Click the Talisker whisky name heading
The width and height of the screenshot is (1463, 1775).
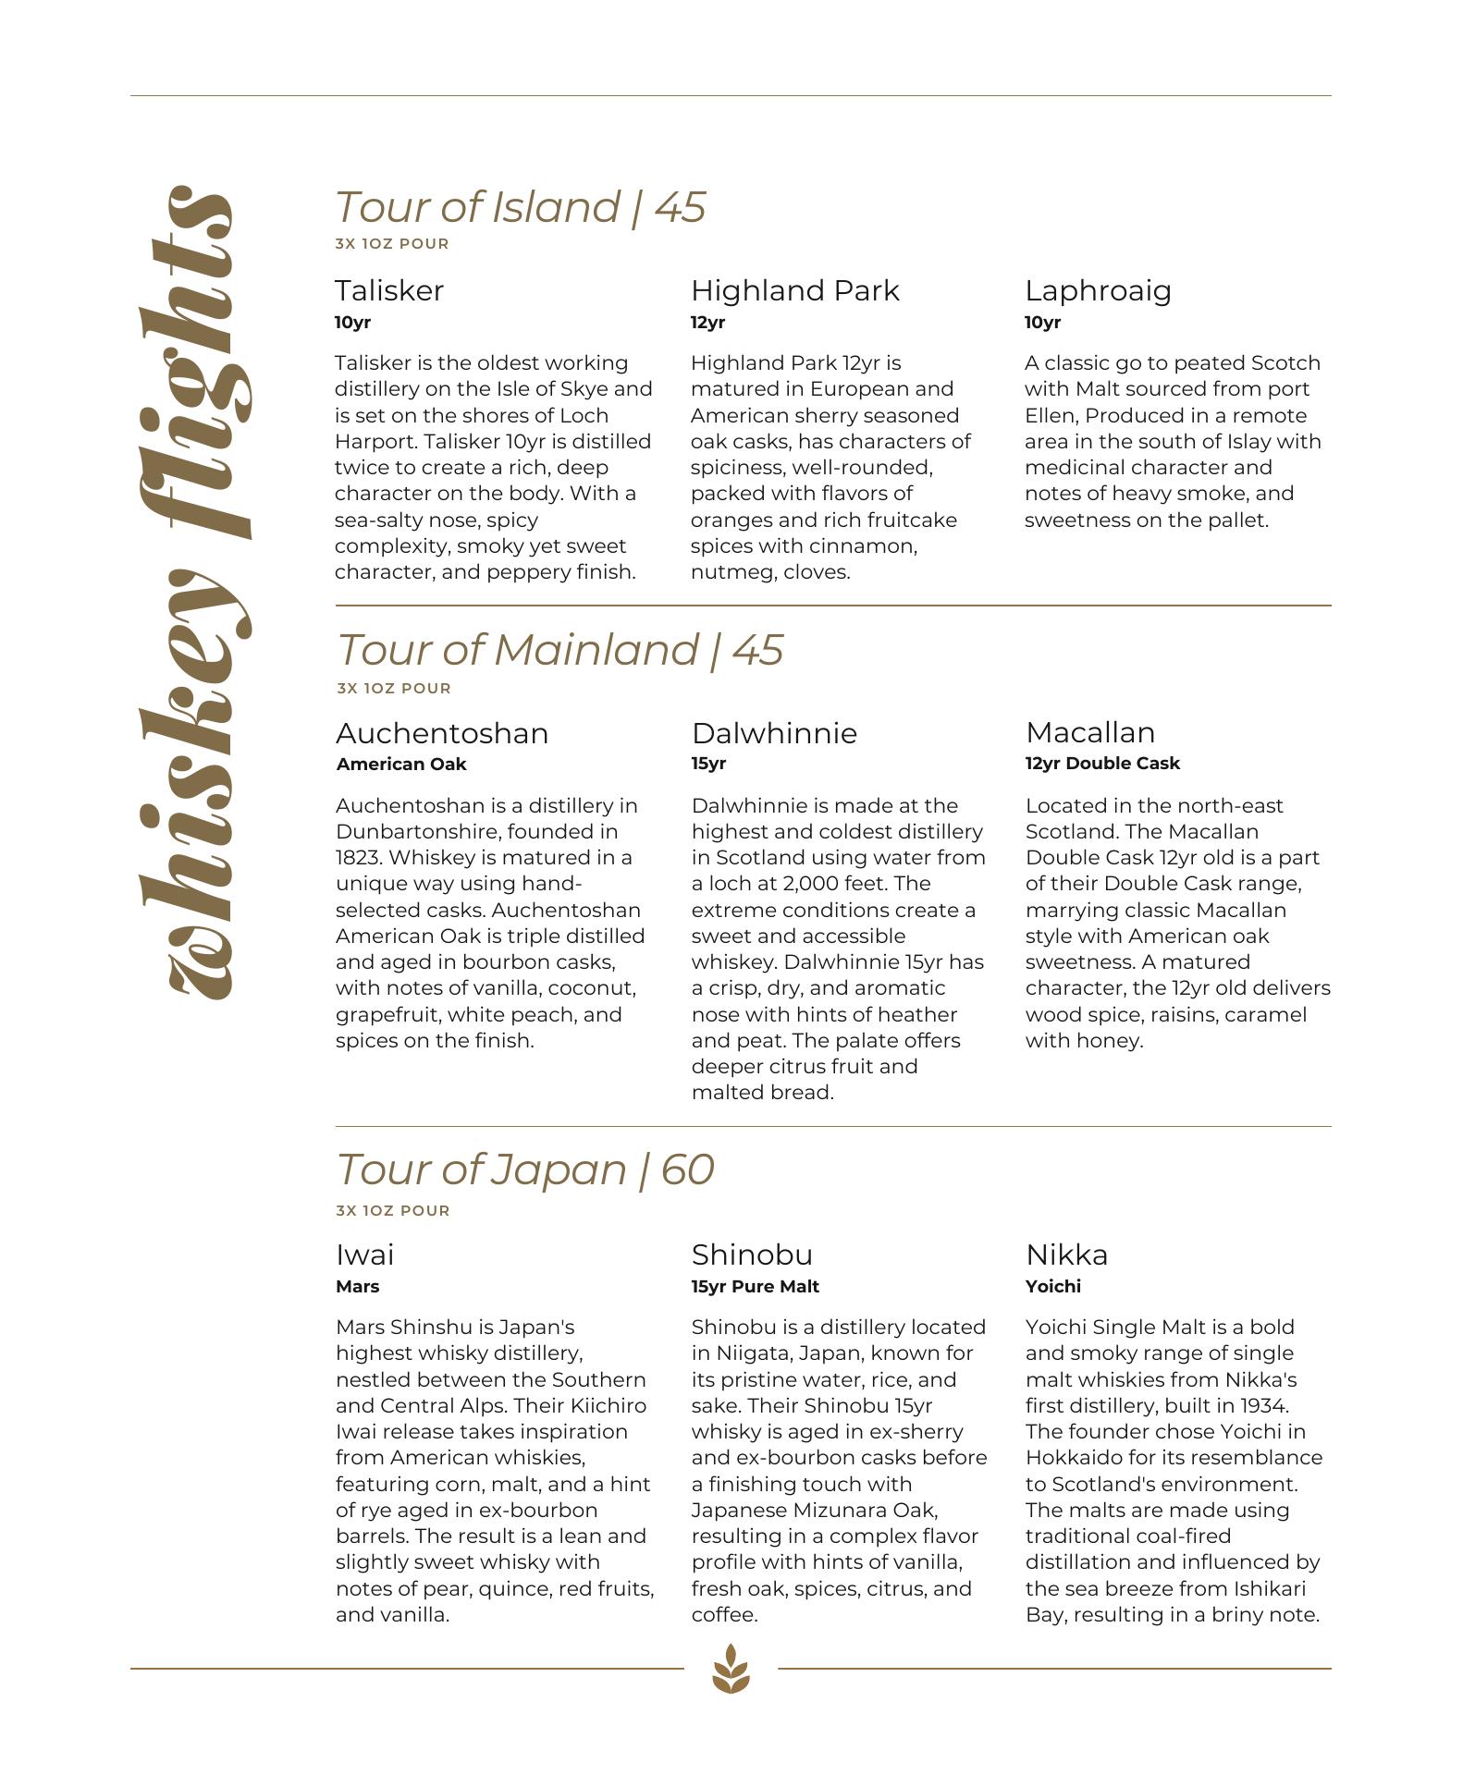[389, 291]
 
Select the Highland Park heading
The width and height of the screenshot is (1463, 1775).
[794, 291]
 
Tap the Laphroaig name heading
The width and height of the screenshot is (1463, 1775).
[1098, 291]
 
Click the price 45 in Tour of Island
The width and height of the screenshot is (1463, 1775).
[680, 207]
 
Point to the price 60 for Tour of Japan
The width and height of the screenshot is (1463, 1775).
[687, 1169]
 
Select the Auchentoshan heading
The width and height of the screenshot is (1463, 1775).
[442, 733]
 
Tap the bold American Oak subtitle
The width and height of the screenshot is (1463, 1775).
[401, 765]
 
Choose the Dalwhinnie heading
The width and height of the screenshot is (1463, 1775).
[774, 733]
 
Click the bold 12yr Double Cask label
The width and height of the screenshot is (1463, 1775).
[1102, 764]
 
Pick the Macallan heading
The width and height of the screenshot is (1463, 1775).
[1090, 732]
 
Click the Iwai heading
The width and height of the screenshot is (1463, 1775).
[364, 1255]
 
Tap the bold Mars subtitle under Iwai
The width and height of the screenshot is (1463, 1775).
[357, 1287]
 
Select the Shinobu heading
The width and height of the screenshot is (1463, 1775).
[752, 1255]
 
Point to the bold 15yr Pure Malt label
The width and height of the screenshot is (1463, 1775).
[755, 1287]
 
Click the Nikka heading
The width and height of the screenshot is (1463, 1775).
[1066, 1255]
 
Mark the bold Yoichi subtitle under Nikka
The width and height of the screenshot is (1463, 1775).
[1052, 1287]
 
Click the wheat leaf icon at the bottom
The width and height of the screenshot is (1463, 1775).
[731, 1668]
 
